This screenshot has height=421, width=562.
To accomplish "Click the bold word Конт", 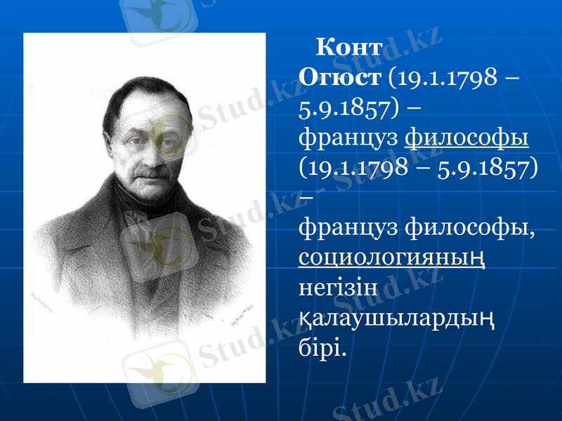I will (x=349, y=49).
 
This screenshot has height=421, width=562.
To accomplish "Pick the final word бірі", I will (x=322, y=347).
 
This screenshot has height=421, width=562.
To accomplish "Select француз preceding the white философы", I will (x=351, y=227).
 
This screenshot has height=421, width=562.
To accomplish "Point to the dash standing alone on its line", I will (x=306, y=198).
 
